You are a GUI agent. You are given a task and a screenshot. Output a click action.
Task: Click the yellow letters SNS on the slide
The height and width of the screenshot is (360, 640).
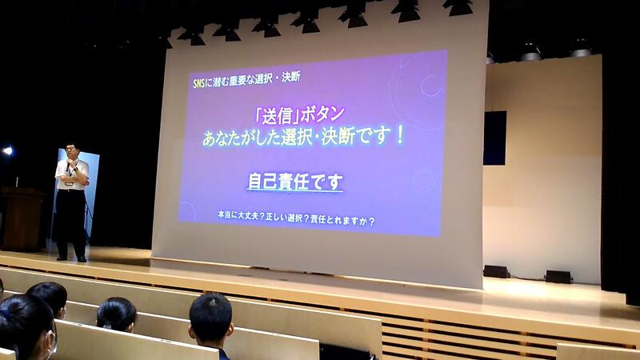point(198,83)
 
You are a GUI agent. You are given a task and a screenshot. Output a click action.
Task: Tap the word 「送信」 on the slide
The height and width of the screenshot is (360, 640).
point(277,116)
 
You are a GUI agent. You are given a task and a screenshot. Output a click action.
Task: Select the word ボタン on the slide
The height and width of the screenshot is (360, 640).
point(322,114)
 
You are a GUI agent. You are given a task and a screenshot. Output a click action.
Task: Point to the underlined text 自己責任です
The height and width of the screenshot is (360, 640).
point(294,182)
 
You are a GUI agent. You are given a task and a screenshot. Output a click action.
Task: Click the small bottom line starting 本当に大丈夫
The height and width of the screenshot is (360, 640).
point(296,218)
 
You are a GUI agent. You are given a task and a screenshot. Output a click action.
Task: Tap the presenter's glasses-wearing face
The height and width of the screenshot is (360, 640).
point(72,152)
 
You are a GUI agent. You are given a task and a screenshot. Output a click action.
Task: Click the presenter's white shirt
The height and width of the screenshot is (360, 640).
point(72,174)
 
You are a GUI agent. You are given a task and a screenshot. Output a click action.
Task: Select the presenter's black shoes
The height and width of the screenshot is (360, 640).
point(71,258)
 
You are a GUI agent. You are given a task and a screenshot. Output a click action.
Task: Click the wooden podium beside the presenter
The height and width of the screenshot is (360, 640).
point(22,218)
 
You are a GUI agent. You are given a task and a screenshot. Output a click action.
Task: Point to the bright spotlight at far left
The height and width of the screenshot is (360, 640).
point(7,151)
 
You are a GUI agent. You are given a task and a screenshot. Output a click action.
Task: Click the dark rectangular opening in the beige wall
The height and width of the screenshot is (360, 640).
point(494,138)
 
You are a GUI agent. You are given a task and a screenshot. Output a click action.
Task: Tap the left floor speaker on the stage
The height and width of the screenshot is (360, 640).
point(496,271)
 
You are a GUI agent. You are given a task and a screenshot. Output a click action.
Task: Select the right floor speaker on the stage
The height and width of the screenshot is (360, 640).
point(558,277)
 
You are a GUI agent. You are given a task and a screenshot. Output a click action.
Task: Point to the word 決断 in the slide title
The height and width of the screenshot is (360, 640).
point(291,76)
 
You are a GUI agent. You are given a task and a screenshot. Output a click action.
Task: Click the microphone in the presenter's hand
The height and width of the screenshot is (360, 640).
point(68,166)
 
